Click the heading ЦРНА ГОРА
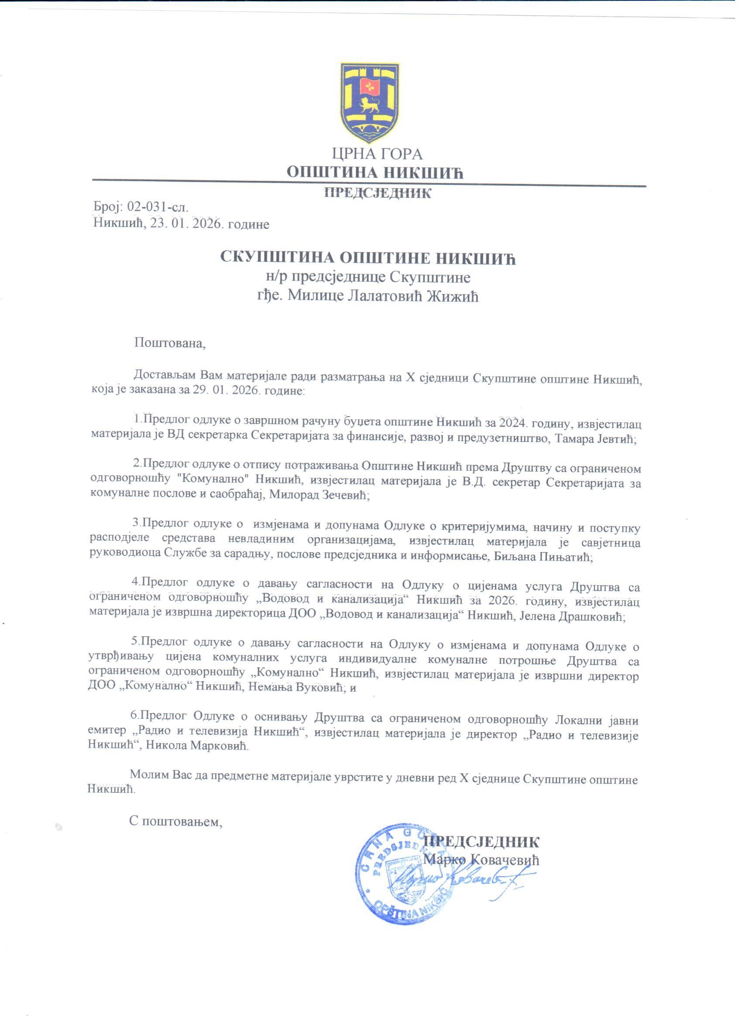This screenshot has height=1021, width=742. (x=377, y=155)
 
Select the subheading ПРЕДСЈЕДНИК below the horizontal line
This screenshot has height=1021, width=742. (x=378, y=193)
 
